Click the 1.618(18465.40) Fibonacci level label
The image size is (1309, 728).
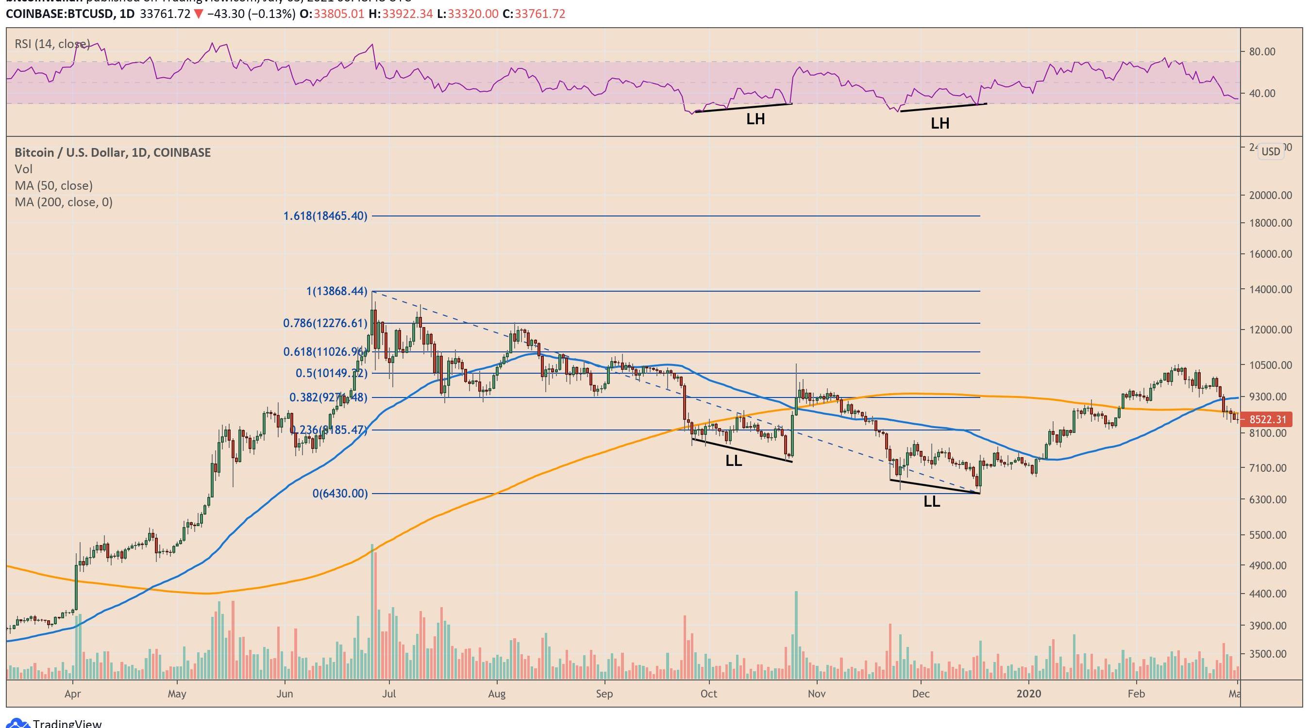(x=325, y=216)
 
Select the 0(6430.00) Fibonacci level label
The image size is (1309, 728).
(x=339, y=493)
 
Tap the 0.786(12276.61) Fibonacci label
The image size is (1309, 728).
(x=325, y=323)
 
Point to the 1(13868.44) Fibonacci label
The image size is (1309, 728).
(x=336, y=291)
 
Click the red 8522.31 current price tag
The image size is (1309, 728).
(x=1267, y=420)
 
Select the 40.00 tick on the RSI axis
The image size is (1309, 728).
(x=1262, y=94)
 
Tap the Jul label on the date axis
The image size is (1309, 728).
(x=389, y=694)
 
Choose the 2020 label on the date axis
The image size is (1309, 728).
(x=1028, y=694)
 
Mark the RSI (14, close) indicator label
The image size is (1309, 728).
(x=52, y=44)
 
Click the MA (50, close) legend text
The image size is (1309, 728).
(x=53, y=185)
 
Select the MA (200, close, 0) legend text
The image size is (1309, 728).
(x=64, y=202)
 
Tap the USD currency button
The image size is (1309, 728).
(x=1271, y=151)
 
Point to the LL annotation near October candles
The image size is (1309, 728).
(x=733, y=461)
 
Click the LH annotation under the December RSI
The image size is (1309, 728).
(x=940, y=123)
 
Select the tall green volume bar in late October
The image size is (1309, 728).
(x=796, y=634)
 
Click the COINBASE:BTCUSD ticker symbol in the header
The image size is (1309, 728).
(x=59, y=14)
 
